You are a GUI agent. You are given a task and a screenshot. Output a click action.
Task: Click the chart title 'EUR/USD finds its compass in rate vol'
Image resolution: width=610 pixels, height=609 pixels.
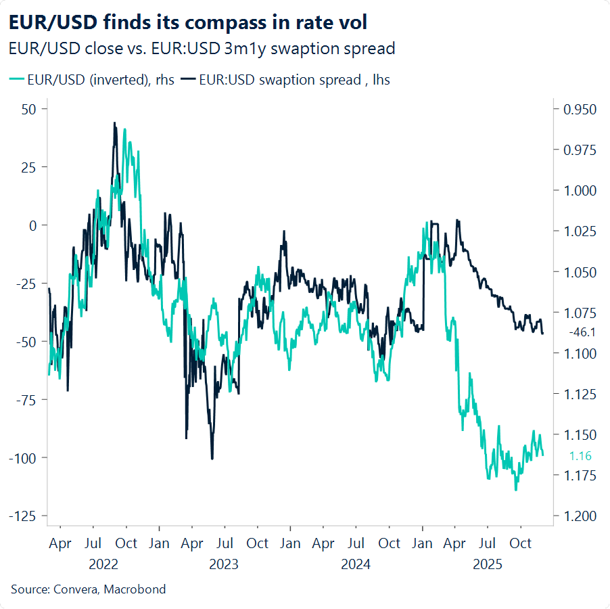188,22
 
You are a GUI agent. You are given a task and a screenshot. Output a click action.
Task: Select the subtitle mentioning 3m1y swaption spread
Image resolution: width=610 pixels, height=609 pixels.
202,49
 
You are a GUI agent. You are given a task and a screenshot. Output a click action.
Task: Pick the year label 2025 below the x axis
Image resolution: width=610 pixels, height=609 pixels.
487,564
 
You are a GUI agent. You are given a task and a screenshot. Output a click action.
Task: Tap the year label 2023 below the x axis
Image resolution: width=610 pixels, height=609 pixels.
224,564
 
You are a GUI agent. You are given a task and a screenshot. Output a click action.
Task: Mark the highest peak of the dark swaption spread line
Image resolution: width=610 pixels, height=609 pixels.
114,123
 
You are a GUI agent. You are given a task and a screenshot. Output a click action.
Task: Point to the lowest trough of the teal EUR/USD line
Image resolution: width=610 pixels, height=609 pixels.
516,490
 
